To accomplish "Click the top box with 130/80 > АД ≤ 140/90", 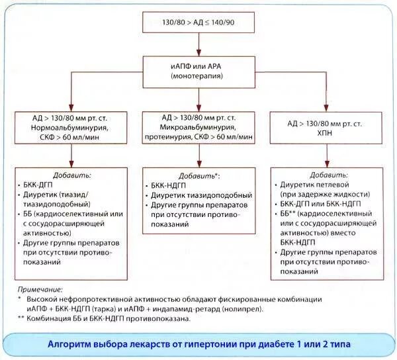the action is (x=198, y=22).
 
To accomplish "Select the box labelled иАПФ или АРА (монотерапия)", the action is (x=198, y=71).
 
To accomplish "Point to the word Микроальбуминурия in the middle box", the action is (x=198, y=125).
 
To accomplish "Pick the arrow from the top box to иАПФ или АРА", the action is (x=198, y=44).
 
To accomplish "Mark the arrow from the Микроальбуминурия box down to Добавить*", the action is (x=198, y=156).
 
